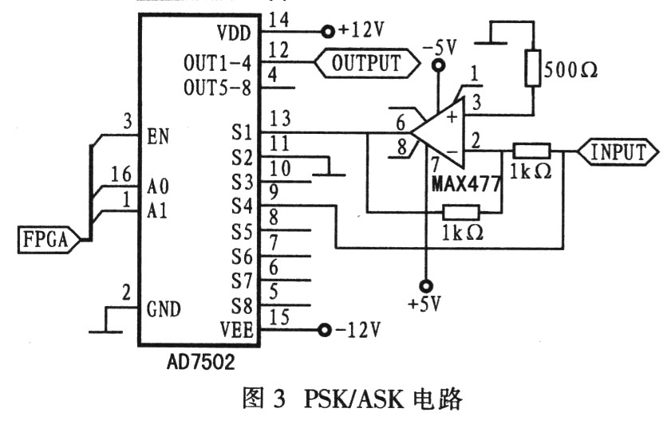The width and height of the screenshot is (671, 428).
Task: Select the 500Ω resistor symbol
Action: pos(532,69)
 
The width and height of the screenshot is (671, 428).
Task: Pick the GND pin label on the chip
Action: pos(164,309)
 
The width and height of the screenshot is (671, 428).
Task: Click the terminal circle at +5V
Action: pos(426,285)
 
